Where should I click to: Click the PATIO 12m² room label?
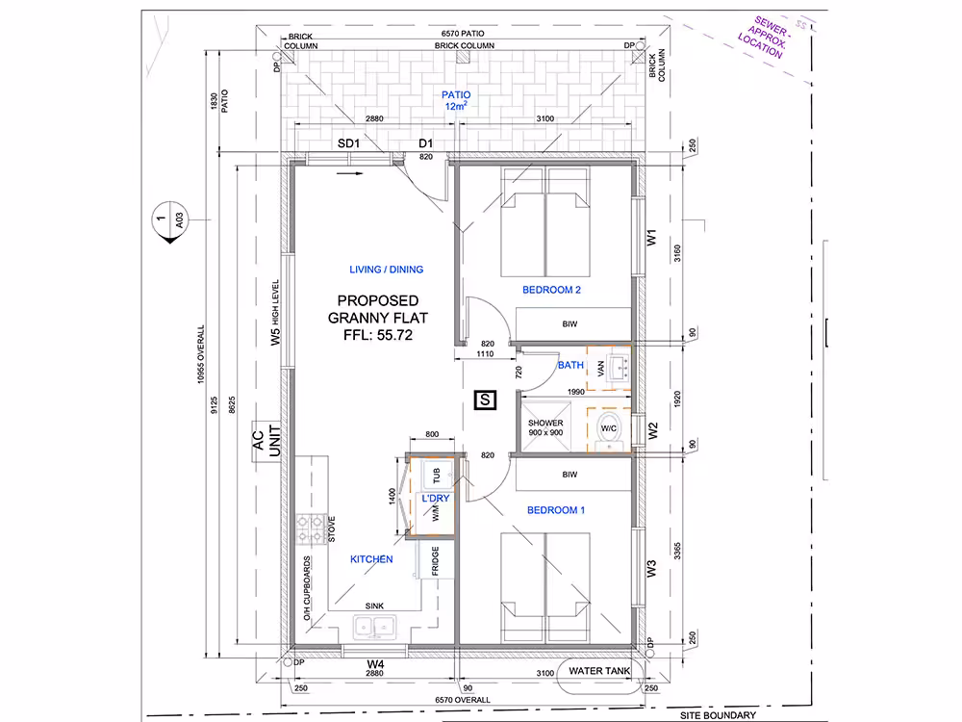click(456, 100)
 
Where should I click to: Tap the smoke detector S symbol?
click(485, 400)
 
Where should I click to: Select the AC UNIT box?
click(266, 441)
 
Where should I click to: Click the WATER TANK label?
click(599, 670)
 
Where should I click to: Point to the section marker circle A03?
click(169, 219)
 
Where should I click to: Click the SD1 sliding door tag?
click(348, 143)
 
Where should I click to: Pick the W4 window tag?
click(375, 663)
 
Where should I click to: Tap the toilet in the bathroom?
click(609, 428)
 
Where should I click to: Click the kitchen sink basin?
click(374, 627)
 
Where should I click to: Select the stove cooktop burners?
click(311, 529)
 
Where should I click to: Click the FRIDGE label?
click(435, 560)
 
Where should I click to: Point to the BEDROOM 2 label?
click(551, 290)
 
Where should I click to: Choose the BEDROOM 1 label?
click(556, 510)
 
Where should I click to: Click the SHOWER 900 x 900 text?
click(545, 427)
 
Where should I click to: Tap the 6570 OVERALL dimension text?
click(463, 700)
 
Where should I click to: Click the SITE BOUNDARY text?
click(718, 715)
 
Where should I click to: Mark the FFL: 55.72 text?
click(378, 335)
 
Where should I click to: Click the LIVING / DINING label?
click(387, 270)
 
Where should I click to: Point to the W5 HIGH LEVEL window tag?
click(275, 313)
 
